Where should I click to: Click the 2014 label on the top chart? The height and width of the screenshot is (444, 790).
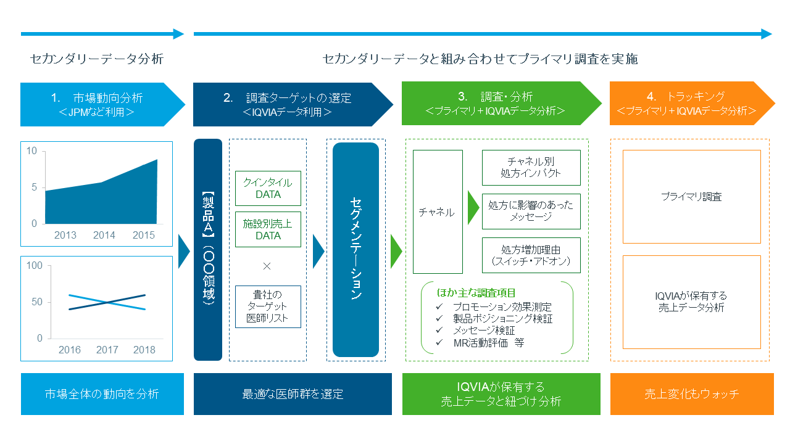click(x=104, y=235)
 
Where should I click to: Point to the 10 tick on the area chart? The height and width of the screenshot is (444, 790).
click(x=32, y=151)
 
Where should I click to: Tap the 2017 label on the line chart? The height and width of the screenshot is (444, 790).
click(x=107, y=350)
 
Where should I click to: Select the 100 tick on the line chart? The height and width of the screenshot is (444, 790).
click(x=35, y=266)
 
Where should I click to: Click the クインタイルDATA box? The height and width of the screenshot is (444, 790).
click(x=268, y=188)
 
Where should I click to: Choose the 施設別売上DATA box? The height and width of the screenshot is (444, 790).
click(x=268, y=229)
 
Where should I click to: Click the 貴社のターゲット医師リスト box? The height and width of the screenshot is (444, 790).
click(x=268, y=306)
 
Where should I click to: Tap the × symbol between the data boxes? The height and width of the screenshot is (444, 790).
click(x=267, y=266)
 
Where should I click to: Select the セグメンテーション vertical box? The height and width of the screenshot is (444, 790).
click(x=355, y=249)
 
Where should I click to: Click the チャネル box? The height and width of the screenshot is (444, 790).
click(x=437, y=212)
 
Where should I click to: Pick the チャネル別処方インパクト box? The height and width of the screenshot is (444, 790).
click(x=531, y=167)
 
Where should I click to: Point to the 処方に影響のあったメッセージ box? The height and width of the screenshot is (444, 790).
click(x=531, y=211)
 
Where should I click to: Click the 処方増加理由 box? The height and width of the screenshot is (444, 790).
click(x=531, y=255)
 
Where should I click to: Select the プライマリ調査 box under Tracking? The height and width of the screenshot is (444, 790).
click(x=691, y=197)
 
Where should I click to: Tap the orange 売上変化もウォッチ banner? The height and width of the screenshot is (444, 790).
click(x=691, y=393)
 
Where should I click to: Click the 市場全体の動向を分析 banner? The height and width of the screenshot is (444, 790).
click(x=102, y=393)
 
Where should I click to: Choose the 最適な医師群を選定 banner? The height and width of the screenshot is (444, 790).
click(x=293, y=393)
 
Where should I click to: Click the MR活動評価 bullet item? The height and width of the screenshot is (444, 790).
click(x=488, y=342)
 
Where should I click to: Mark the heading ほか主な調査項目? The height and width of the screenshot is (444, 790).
click(x=476, y=292)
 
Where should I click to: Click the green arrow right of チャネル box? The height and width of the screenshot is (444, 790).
click(x=473, y=208)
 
